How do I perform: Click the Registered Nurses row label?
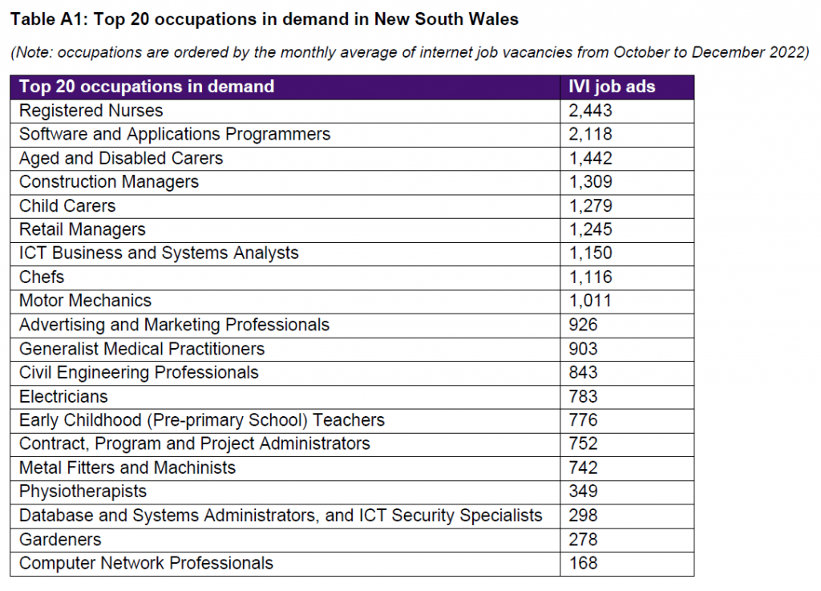click(x=91, y=111)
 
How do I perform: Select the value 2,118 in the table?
click(x=591, y=134)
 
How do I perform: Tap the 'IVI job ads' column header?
click(x=612, y=87)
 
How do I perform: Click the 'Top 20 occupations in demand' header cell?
click(x=146, y=87)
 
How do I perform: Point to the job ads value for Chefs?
click(x=591, y=277)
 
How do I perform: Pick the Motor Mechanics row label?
click(x=85, y=301)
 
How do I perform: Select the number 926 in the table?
click(x=584, y=325)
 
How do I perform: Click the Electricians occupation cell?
click(x=63, y=396)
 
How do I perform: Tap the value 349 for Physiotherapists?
click(x=584, y=492)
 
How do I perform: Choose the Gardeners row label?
click(x=60, y=540)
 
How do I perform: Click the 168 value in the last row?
click(x=584, y=563)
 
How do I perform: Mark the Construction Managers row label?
click(x=109, y=182)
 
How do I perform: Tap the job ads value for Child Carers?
click(x=591, y=206)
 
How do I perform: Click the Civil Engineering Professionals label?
click(x=139, y=372)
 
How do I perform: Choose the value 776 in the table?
click(x=584, y=420)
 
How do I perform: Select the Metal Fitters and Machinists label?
click(x=127, y=468)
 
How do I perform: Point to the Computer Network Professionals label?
click(x=146, y=563)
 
